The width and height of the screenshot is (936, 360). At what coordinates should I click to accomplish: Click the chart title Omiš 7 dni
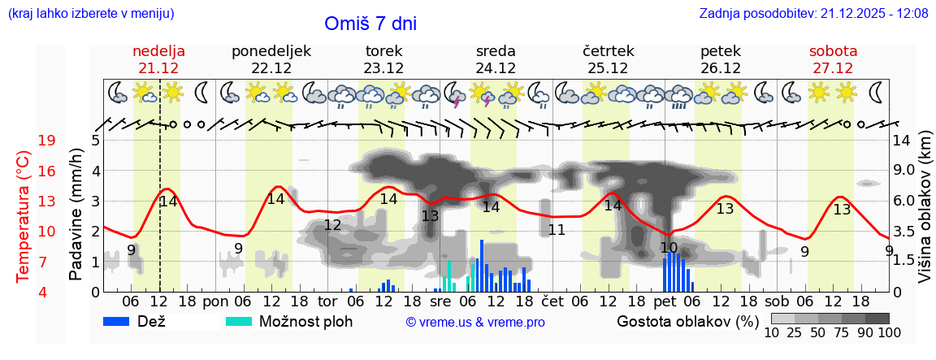click(x=370, y=24)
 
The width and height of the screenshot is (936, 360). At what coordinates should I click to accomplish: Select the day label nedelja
click(x=159, y=51)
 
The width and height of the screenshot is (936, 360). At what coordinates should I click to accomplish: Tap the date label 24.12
click(x=496, y=67)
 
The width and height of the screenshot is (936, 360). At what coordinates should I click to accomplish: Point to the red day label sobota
click(x=833, y=51)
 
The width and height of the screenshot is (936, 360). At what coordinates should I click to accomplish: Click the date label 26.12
click(x=720, y=67)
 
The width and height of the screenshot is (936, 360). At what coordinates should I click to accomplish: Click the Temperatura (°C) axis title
click(x=24, y=215)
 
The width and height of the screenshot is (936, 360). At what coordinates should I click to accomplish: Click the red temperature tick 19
click(x=46, y=141)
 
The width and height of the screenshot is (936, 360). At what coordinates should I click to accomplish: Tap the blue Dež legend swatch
click(x=122, y=321)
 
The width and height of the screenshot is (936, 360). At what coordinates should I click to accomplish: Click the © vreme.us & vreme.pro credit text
click(x=475, y=323)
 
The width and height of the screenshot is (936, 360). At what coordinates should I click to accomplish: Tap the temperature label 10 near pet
click(x=669, y=248)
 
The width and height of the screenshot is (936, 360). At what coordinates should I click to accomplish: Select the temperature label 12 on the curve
click(x=332, y=225)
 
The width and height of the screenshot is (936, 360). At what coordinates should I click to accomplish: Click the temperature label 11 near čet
click(x=557, y=230)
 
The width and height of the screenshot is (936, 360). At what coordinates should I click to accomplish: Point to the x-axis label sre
click(x=440, y=301)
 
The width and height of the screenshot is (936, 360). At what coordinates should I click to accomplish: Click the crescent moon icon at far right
click(x=877, y=92)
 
